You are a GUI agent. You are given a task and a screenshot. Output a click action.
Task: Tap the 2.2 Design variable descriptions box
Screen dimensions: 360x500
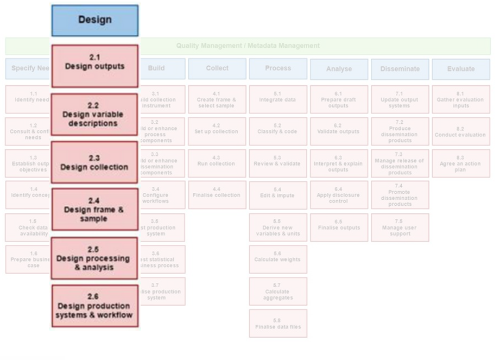coord(94,114)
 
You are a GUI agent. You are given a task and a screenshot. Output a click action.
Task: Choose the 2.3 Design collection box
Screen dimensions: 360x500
coord(94,162)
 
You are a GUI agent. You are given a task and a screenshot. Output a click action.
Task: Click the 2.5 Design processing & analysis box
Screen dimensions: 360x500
coord(94,258)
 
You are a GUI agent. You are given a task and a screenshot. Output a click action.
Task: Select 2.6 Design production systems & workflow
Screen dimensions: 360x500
coord(94,306)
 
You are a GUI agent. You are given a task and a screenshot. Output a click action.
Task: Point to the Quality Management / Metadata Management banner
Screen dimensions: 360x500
coord(248,46)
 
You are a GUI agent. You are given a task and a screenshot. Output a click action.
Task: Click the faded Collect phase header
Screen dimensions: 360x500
coord(217,68)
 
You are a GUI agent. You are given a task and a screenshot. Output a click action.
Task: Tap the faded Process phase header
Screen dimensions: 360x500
coord(278,68)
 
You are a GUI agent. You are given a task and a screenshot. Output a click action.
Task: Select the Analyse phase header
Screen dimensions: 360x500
coord(339,69)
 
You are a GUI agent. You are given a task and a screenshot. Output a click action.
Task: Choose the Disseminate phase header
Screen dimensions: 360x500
coord(400,69)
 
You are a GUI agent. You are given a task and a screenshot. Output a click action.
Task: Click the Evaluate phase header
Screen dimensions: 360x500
coord(460,69)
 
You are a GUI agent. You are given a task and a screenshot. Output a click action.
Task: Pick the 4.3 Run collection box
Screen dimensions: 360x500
coord(217,163)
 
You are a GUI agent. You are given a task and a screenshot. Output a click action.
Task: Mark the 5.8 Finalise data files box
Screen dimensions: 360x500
coord(278,323)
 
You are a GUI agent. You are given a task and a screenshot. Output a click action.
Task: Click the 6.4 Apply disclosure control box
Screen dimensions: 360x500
coord(339,195)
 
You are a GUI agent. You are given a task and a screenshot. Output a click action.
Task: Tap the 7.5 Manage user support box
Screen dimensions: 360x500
coord(400,227)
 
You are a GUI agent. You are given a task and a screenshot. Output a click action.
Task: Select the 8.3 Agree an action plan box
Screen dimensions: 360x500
coord(460,163)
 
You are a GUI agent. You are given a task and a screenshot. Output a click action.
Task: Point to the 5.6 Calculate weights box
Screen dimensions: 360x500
coord(278,259)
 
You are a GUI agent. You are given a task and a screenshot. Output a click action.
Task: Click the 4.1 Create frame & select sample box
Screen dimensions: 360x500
coord(217,99)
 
